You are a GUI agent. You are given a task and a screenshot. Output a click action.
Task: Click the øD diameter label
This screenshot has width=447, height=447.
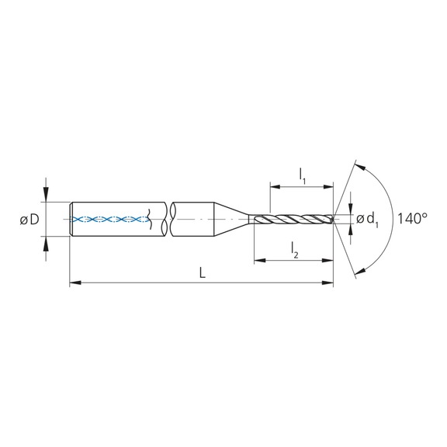click(29, 220)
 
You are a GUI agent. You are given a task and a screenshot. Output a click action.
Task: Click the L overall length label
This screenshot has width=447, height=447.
click(202, 273)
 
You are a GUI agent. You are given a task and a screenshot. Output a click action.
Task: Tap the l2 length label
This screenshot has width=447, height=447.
click(295, 248)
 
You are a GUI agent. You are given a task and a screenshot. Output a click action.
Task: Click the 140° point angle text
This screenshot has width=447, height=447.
click(412, 218)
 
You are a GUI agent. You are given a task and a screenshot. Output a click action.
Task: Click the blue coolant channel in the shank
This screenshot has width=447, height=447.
click(109, 220)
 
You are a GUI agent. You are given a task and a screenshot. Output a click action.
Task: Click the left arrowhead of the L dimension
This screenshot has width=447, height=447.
click(74, 285)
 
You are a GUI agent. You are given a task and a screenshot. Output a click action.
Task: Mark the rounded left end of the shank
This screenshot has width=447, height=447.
click(72, 220)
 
